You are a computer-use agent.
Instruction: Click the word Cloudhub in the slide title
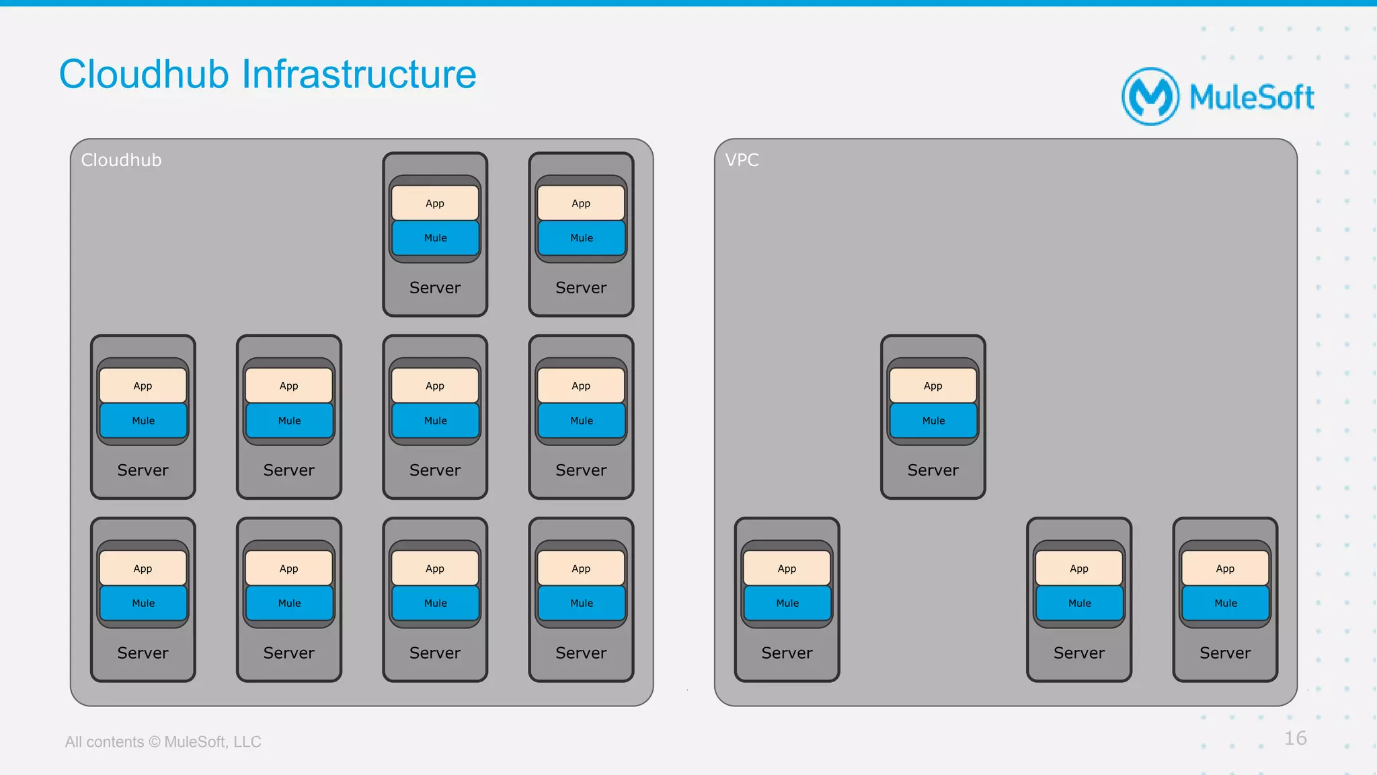point(144,74)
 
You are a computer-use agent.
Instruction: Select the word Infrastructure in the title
point(358,74)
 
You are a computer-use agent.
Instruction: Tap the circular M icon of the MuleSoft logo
point(1150,97)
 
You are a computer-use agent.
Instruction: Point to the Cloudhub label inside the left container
point(121,160)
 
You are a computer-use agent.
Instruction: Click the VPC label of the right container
point(742,160)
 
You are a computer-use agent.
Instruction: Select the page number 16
point(1295,738)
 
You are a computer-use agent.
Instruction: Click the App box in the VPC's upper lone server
point(933,385)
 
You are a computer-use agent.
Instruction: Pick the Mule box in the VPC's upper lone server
point(933,420)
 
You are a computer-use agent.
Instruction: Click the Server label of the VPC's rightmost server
point(1225,653)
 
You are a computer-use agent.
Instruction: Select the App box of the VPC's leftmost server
point(787,568)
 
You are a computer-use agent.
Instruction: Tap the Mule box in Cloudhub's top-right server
point(581,238)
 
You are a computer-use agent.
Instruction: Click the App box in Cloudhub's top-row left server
point(435,203)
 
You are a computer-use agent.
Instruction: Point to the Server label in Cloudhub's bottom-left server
point(143,653)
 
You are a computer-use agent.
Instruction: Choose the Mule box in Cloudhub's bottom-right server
point(581,603)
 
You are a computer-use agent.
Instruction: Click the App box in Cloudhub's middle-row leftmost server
point(143,385)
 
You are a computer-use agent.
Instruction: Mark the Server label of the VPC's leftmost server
point(787,653)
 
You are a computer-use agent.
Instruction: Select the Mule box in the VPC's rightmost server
point(1225,603)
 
